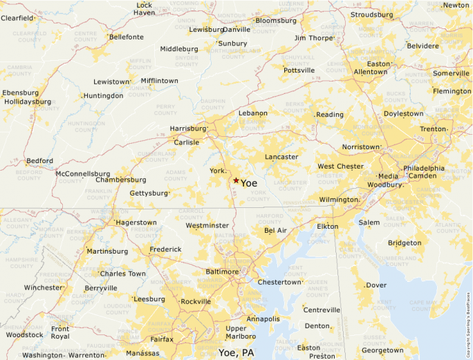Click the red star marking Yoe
pyautogui.click(x=236, y=180)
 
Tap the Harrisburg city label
pyautogui.click(x=188, y=129)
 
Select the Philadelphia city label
pyautogui.click(x=424, y=168)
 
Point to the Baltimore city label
pyautogui.click(x=222, y=272)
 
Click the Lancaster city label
pyautogui.click(x=281, y=157)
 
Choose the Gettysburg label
pyautogui.click(x=149, y=193)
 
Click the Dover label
pyautogui.click(x=376, y=285)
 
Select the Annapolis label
pyautogui.click(x=263, y=319)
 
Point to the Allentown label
pyautogui.click(x=370, y=72)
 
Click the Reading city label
pyautogui.click(x=330, y=115)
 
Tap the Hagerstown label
pyautogui.click(x=136, y=222)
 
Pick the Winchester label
pyautogui.click(x=43, y=287)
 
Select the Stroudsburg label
pyautogui.click(x=371, y=15)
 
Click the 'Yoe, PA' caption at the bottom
pyautogui.click(x=236, y=352)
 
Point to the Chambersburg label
pyautogui.click(x=121, y=180)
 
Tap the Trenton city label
pyautogui.click(x=434, y=129)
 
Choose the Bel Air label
pyautogui.click(x=275, y=230)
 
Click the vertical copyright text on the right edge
pyautogui.click(x=468, y=311)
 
